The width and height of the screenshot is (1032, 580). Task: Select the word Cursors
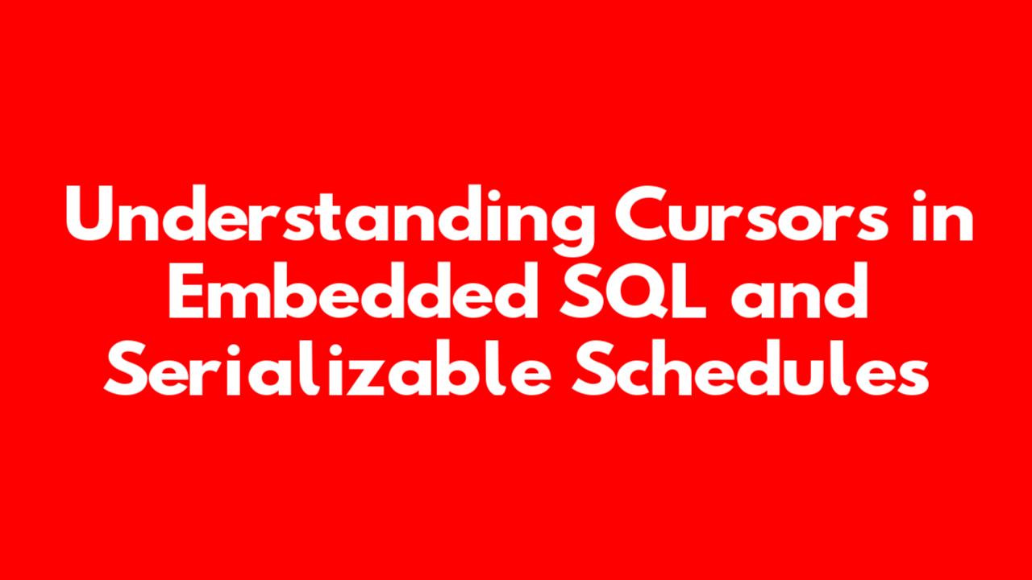pyautogui.click(x=751, y=214)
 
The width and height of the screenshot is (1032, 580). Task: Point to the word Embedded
pyautogui.click(x=353, y=290)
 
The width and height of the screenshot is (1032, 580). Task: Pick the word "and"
pyautogui.click(x=799, y=290)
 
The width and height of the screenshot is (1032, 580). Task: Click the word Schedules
pyautogui.click(x=751, y=367)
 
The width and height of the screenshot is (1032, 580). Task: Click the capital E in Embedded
pyautogui.click(x=185, y=291)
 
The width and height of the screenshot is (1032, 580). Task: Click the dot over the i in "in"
pyautogui.click(x=920, y=195)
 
